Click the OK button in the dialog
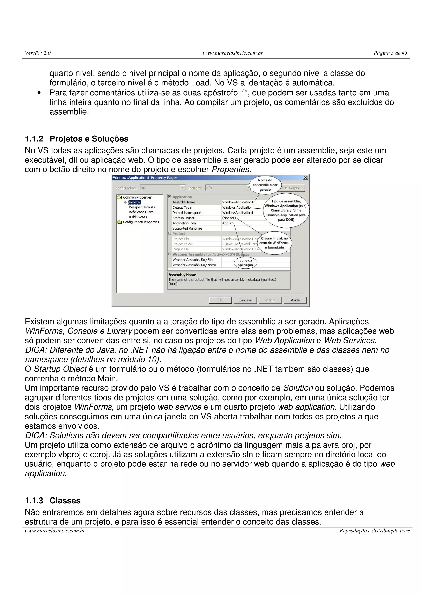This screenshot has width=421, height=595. click(x=220, y=300)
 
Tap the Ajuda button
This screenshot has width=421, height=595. click(x=295, y=300)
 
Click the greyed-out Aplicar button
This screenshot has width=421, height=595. click(x=270, y=300)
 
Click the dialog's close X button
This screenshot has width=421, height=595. click(x=305, y=178)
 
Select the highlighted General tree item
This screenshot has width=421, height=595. click(x=134, y=202)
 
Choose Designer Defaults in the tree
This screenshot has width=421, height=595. click(x=142, y=207)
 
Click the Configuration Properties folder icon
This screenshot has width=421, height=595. click(x=120, y=222)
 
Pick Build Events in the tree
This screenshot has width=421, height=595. click(x=138, y=217)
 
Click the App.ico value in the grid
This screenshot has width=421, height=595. click(x=228, y=223)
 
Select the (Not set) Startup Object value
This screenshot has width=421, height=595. click(x=229, y=218)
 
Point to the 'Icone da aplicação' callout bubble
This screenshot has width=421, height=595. click(x=245, y=263)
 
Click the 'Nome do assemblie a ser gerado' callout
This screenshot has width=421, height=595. click(x=265, y=185)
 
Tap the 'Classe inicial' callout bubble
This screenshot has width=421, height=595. click(x=274, y=243)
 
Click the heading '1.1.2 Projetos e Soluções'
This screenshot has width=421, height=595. click(x=76, y=139)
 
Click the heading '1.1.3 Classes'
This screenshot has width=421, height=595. click(x=53, y=500)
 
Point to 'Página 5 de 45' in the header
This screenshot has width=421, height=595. click(x=390, y=53)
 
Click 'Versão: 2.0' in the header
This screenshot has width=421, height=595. click(x=38, y=53)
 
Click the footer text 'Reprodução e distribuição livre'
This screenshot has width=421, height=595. click(x=375, y=531)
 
